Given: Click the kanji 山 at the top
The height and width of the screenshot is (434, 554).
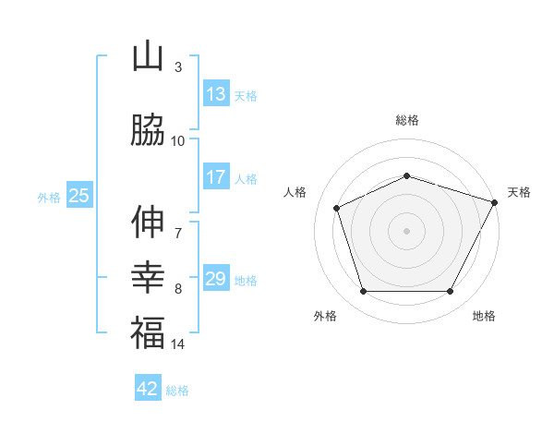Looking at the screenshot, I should pyautogui.click(x=148, y=56).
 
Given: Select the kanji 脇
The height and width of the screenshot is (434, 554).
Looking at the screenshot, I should pyautogui.click(x=148, y=130).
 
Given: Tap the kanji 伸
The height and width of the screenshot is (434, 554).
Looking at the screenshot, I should pyautogui.click(x=148, y=222).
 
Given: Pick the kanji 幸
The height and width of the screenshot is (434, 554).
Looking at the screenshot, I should pyautogui.click(x=148, y=277).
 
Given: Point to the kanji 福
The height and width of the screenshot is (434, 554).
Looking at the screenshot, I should pyautogui.click(x=148, y=332).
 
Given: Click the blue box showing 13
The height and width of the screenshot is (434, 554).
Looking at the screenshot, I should pyautogui.click(x=216, y=94).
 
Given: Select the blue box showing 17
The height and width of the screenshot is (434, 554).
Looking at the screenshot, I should pyautogui.click(x=216, y=177).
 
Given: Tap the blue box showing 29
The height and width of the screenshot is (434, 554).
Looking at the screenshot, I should pyautogui.click(x=216, y=279).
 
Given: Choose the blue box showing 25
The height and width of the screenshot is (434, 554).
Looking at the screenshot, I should pyautogui.click(x=78, y=195).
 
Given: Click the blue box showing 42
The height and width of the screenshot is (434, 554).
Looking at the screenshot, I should pyautogui.click(x=148, y=389).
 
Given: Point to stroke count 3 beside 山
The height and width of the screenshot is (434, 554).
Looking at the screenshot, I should pyautogui.click(x=178, y=67).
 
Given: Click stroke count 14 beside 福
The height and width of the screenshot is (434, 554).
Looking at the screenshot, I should pyautogui.click(x=178, y=344).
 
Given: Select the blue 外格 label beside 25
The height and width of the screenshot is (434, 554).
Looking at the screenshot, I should pyautogui.click(x=49, y=197).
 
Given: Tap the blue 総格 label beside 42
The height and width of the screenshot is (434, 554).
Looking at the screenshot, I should pyautogui.click(x=177, y=391).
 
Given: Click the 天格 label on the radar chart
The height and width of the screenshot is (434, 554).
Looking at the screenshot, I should pyautogui.click(x=519, y=192).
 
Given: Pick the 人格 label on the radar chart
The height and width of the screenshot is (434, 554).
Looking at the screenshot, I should pyautogui.click(x=295, y=192).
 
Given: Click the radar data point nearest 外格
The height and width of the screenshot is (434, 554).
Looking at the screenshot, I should pyautogui.click(x=363, y=292).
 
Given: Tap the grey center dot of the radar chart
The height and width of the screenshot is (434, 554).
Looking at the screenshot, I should pyautogui.click(x=406, y=231).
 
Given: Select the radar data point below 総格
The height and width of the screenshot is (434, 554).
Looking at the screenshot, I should pyautogui.click(x=406, y=175).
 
